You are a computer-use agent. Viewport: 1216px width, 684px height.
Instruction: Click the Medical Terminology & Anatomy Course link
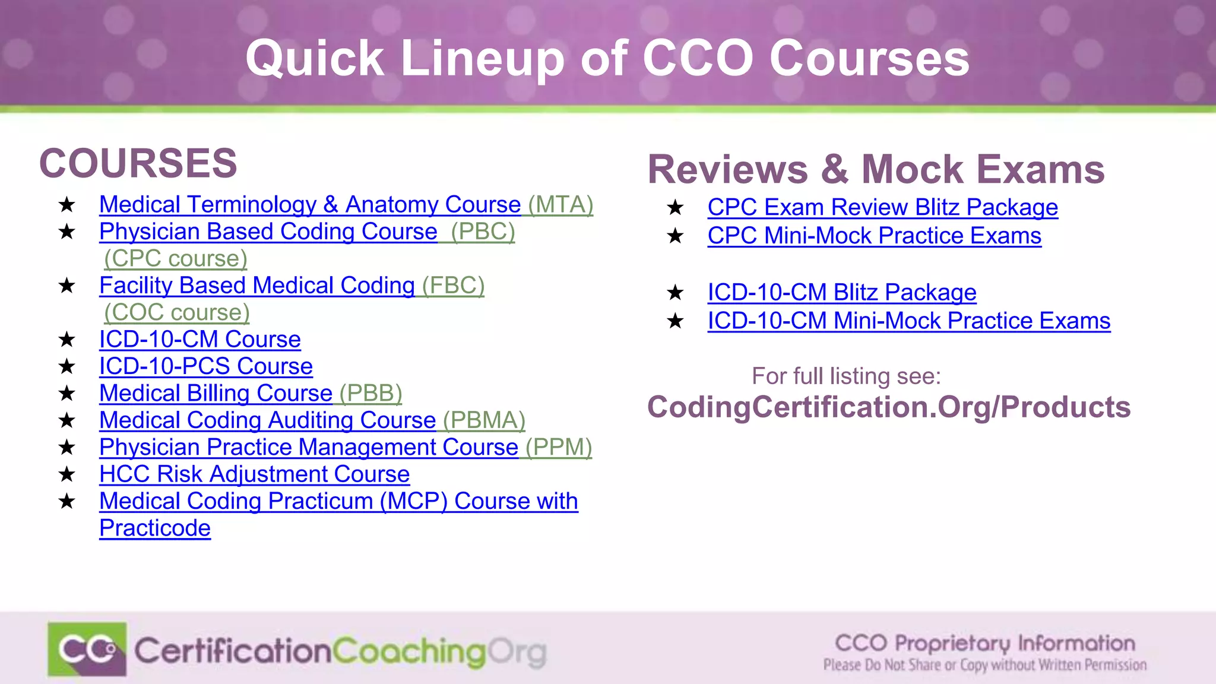(x=309, y=205)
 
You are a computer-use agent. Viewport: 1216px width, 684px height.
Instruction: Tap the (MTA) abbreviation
(x=560, y=205)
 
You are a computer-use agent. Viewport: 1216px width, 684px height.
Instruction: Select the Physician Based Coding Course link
(x=268, y=232)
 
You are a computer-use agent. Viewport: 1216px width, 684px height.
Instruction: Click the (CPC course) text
(x=176, y=259)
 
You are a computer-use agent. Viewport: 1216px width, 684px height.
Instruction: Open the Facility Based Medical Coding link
(x=256, y=286)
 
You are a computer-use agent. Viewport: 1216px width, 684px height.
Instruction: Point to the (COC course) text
(x=177, y=312)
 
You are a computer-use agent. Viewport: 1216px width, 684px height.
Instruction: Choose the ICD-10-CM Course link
(x=199, y=340)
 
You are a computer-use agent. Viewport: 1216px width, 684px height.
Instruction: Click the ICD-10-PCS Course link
(x=205, y=366)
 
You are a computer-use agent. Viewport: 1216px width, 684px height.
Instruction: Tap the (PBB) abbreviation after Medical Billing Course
(x=370, y=393)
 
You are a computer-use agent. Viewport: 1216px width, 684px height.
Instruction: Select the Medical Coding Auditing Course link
(x=267, y=420)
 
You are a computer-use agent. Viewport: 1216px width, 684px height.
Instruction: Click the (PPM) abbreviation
(x=559, y=447)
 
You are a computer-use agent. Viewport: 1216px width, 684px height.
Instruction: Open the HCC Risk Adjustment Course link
(x=254, y=474)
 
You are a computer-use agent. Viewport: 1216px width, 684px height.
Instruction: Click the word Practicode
(x=155, y=528)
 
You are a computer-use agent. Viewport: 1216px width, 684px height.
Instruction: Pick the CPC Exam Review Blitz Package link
(x=882, y=207)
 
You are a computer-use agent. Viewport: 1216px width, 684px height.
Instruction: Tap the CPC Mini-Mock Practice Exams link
(x=874, y=236)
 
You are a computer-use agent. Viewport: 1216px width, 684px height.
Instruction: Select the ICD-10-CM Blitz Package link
(x=841, y=292)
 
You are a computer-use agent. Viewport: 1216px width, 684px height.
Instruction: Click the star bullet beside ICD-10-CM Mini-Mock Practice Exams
(x=675, y=321)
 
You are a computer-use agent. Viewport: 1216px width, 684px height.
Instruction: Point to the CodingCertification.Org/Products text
(x=888, y=407)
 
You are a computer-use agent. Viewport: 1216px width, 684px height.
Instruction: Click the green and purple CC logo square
(x=87, y=649)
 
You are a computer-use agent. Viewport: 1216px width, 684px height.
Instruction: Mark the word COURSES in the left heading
(x=138, y=163)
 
